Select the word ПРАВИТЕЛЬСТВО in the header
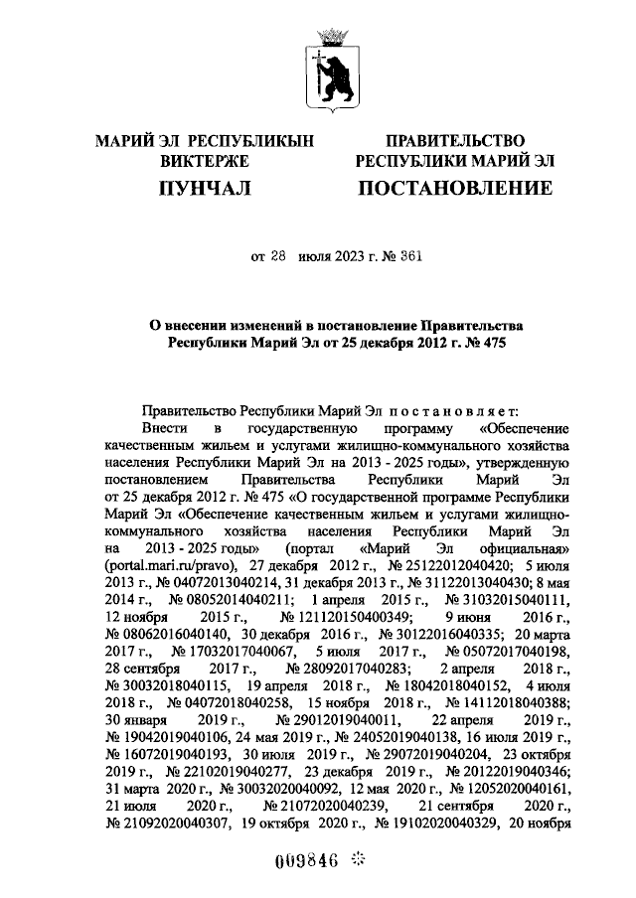[454, 142]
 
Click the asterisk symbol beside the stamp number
[359, 858]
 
